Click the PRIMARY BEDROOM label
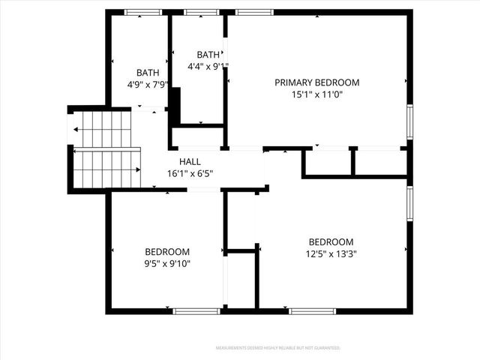click(316, 82)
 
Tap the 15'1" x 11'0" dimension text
click(316, 94)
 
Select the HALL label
click(190, 161)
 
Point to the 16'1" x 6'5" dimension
click(190, 173)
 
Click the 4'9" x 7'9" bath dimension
click(148, 85)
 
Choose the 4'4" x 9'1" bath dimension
click(208, 66)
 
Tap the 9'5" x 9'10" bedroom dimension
click(167, 263)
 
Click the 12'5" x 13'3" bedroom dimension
click(331, 253)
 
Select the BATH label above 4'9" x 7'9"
click(148, 73)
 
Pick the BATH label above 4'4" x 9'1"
click(208, 54)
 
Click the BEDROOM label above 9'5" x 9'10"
click(167, 251)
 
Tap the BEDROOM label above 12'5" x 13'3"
click(331, 241)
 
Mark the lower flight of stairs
click(106, 168)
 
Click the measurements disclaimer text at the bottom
click(278, 348)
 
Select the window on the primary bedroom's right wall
click(409, 121)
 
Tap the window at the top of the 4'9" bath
click(142, 12)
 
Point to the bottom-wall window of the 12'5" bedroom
click(313, 310)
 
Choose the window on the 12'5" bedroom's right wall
click(409, 205)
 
